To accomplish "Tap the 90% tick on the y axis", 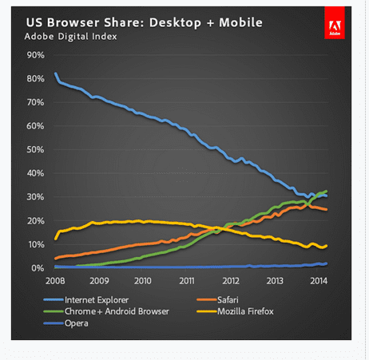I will click(36, 55).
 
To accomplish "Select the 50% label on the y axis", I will click(36, 150).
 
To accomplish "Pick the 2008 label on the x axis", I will click(54, 281).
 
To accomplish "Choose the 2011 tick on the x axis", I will click(187, 281).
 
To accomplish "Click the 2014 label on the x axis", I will click(318, 281).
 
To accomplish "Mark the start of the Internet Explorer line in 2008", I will click(55, 74).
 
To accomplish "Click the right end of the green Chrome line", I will click(327, 192).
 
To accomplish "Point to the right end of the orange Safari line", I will click(327, 210).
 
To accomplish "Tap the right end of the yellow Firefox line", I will click(327, 246).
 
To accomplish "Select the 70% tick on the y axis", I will click(36, 103).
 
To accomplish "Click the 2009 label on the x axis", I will click(99, 281).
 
